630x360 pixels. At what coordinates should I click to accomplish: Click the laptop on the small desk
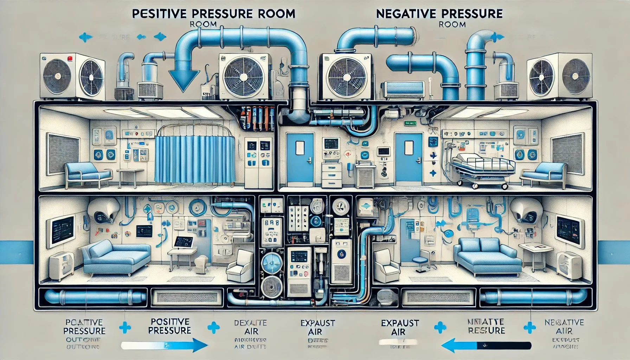tap(184, 242)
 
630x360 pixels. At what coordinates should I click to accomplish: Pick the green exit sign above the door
tap(410, 123)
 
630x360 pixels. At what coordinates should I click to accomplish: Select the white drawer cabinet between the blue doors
tap(331, 175)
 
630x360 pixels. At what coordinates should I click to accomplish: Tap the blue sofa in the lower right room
tap(487, 257)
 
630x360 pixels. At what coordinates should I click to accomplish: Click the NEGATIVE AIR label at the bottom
tap(564, 327)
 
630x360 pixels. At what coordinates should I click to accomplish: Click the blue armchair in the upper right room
tap(543, 174)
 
